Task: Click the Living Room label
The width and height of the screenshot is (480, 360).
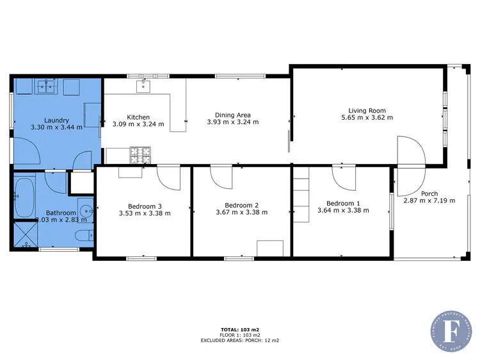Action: [x=366, y=110]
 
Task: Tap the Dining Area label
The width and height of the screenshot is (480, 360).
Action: [x=232, y=116]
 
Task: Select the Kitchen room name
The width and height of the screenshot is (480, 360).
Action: [x=138, y=117]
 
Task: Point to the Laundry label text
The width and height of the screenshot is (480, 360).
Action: [x=56, y=120]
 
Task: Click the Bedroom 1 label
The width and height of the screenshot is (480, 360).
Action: [x=340, y=204]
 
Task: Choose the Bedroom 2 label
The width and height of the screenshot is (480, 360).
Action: [x=241, y=204]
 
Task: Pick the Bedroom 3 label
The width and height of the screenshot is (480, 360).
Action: [x=145, y=206]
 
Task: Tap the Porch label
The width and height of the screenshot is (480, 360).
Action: [x=429, y=193]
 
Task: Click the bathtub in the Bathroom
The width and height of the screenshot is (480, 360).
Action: [x=26, y=192]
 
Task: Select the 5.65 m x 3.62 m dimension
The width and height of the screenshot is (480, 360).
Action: [x=366, y=118]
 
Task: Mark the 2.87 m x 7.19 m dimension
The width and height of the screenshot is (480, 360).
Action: [x=429, y=200]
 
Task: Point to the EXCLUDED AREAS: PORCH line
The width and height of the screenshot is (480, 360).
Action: [x=241, y=341]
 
